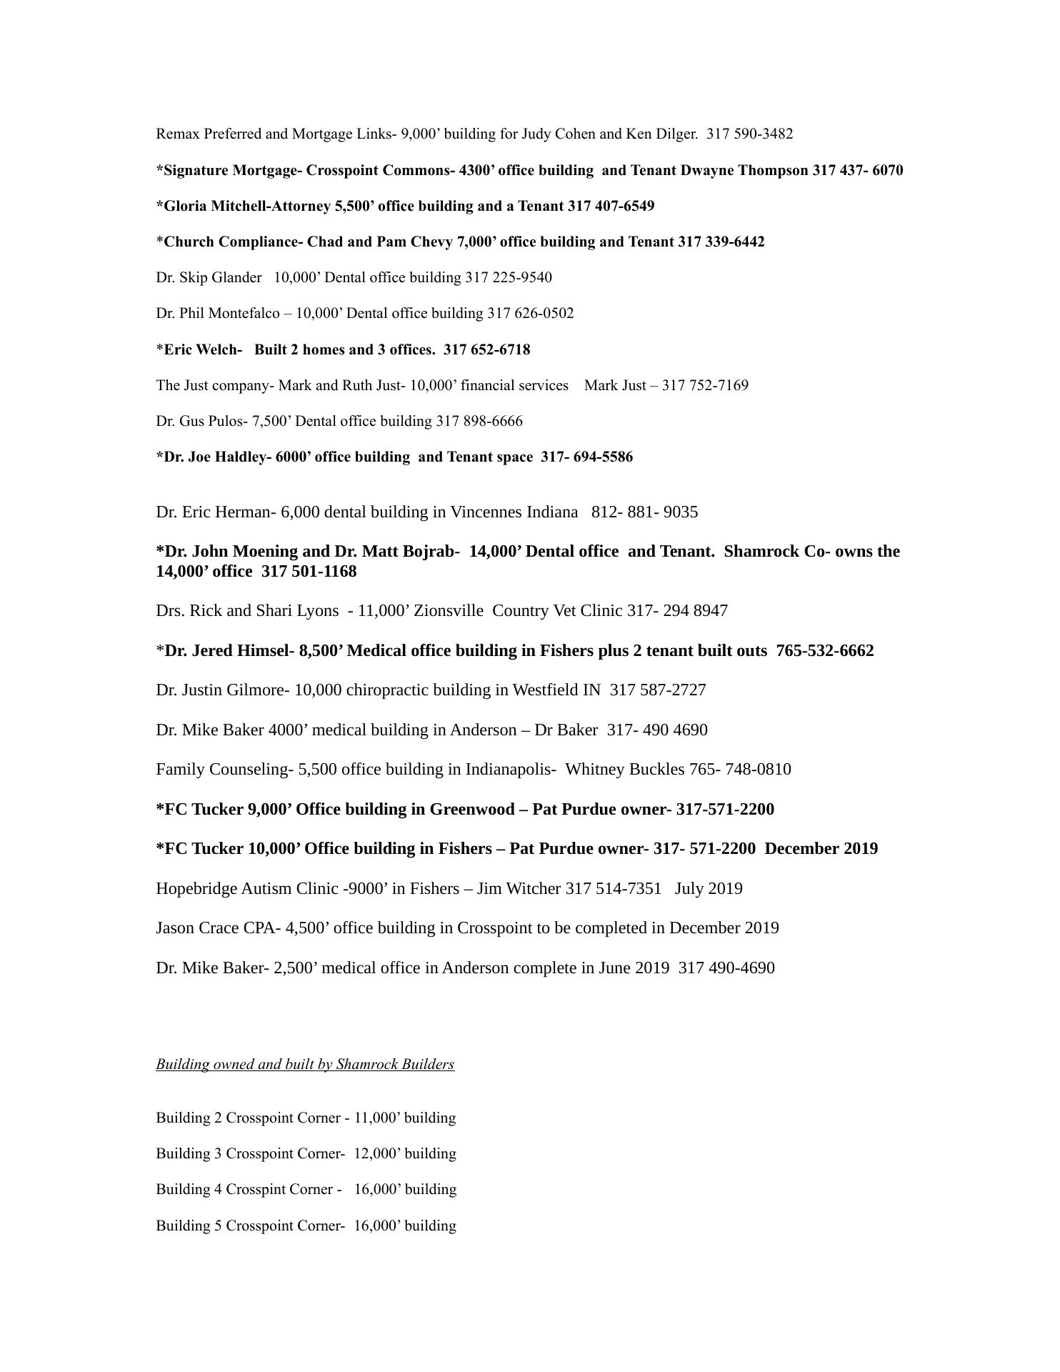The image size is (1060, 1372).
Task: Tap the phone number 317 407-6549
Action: (611, 206)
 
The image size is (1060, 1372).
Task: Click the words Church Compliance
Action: (232, 242)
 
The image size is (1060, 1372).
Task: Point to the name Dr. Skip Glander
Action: (209, 277)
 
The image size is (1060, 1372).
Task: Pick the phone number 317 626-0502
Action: (530, 313)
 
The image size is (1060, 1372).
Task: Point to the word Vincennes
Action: (486, 512)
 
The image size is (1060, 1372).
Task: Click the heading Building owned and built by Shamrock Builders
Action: (305, 1064)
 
